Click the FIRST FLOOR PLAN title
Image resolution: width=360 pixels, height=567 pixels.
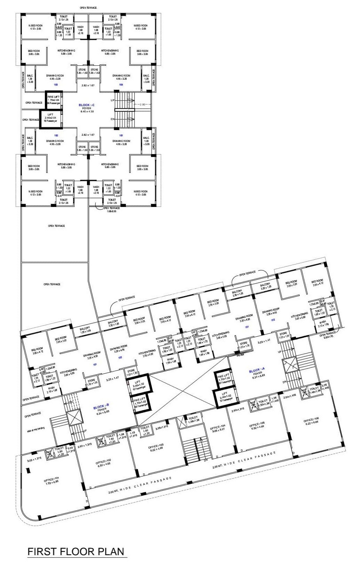click(x=75, y=552)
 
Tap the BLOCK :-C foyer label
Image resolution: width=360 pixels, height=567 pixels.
click(x=87, y=105)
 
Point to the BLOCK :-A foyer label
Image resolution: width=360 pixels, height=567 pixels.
click(x=257, y=372)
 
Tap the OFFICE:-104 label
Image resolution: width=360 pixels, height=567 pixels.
click(x=218, y=427)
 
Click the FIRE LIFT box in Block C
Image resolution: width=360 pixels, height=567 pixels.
click(x=54, y=98)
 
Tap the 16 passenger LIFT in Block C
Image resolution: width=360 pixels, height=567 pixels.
click(x=50, y=116)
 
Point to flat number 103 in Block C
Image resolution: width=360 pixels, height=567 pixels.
click(x=56, y=85)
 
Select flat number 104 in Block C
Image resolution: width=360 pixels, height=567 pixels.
click(x=121, y=85)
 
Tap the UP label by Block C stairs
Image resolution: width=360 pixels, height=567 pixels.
click(x=112, y=100)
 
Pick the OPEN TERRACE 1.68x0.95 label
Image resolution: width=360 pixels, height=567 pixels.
click(x=111, y=209)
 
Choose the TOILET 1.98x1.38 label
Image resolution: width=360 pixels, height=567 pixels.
click(x=193, y=419)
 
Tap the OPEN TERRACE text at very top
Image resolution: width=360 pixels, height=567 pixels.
click(x=88, y=8)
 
